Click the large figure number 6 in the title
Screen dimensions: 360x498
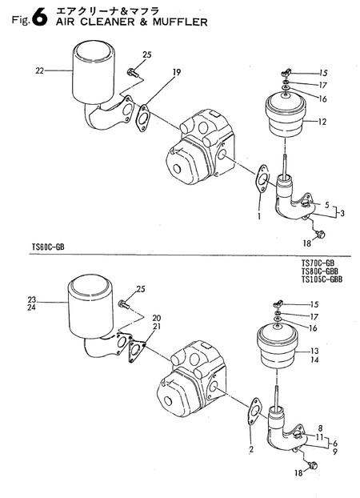pos(40,18)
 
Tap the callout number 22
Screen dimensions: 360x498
pos(39,71)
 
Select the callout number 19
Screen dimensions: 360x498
pos(177,72)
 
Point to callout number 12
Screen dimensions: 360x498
pos(322,122)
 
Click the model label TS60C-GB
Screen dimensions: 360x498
pos(48,247)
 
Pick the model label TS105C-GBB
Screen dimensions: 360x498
pos(322,279)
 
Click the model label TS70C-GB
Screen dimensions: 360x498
pos(318,263)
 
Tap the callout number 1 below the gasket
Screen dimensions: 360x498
pos(259,217)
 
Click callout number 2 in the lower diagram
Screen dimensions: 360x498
pos(251,449)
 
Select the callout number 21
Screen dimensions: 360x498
pos(157,326)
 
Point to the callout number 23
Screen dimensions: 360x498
pos(32,299)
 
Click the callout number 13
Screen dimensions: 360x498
pos(314,351)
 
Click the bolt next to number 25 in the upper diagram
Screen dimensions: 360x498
pos(131,73)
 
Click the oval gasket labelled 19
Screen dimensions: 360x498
pos(143,118)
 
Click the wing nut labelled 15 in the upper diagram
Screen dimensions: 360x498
pos(286,74)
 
